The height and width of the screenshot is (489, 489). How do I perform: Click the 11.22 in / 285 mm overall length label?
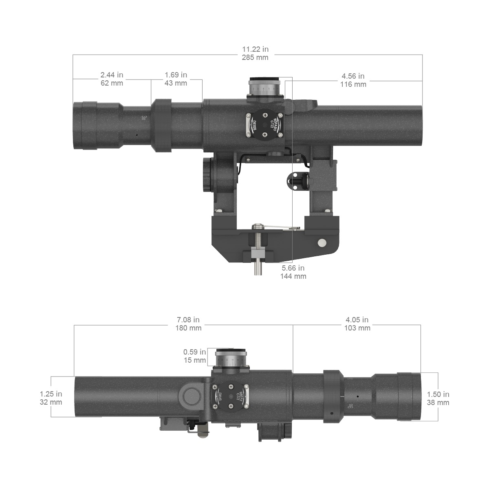[x=255, y=53]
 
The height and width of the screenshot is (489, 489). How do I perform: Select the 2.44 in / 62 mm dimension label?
[x=112, y=79]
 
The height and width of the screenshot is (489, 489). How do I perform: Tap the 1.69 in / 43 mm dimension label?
[x=176, y=79]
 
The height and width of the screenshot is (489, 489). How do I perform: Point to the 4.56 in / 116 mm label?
[x=353, y=80]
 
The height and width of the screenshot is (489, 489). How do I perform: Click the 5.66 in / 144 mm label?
[x=293, y=272]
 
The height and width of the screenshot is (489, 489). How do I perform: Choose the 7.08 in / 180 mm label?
[x=188, y=324]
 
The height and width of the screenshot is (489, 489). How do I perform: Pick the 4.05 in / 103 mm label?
[x=357, y=324]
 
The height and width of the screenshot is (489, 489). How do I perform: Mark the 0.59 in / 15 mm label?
[x=195, y=356]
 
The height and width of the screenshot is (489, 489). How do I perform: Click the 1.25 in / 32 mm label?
[x=51, y=398]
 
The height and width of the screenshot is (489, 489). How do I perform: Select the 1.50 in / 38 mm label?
[x=438, y=399]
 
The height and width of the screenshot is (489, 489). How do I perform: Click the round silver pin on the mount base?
[x=322, y=243]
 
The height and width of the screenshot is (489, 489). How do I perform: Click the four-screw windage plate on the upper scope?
[x=264, y=125]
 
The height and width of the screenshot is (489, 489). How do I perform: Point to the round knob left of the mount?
[x=207, y=175]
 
